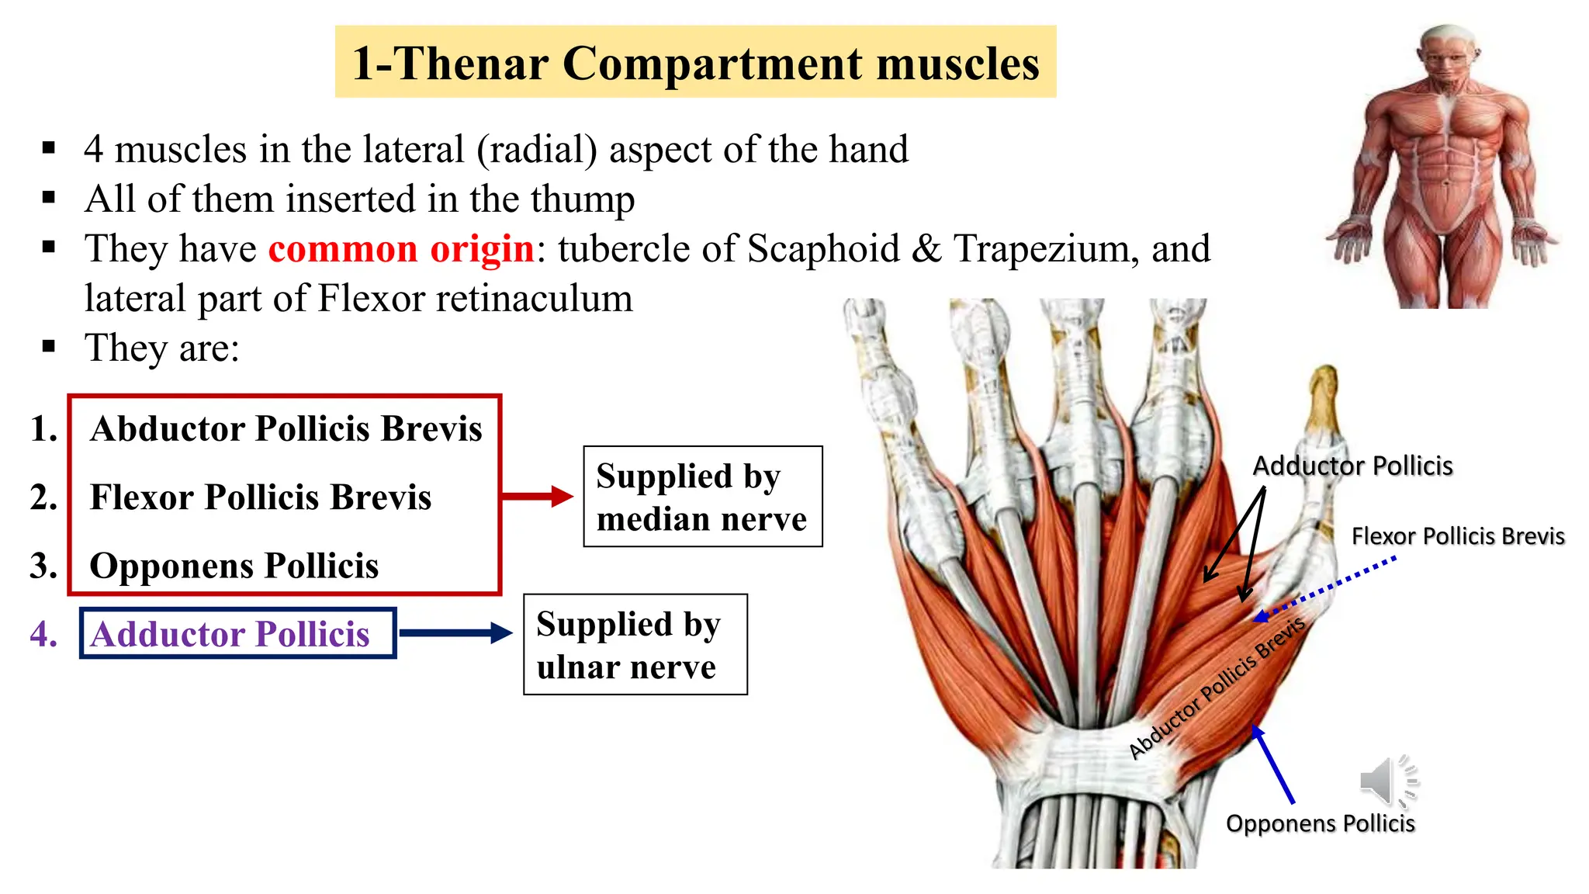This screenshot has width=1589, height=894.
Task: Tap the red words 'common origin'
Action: tap(400, 249)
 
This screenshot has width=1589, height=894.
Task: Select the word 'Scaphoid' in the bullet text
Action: tap(822, 249)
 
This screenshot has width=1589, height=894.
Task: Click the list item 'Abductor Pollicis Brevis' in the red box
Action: tap(286, 429)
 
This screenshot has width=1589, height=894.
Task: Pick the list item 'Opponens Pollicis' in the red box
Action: tap(234, 566)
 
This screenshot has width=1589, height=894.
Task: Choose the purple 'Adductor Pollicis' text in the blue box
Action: tap(230, 634)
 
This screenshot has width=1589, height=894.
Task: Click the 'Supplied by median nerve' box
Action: tap(702, 497)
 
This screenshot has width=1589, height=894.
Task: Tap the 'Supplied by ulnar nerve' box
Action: tap(635, 645)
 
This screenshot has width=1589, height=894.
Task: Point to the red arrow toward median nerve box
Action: tap(537, 497)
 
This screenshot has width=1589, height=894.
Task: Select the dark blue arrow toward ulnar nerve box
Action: tap(455, 633)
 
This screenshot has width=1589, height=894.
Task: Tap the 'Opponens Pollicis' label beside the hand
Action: tap(1320, 823)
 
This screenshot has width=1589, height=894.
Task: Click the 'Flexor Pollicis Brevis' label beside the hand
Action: tap(1457, 536)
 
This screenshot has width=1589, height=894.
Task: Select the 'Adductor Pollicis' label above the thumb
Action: tap(1352, 466)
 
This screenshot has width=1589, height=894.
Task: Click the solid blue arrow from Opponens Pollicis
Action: tap(1272, 764)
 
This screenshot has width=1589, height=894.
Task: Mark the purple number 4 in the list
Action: tap(43, 634)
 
